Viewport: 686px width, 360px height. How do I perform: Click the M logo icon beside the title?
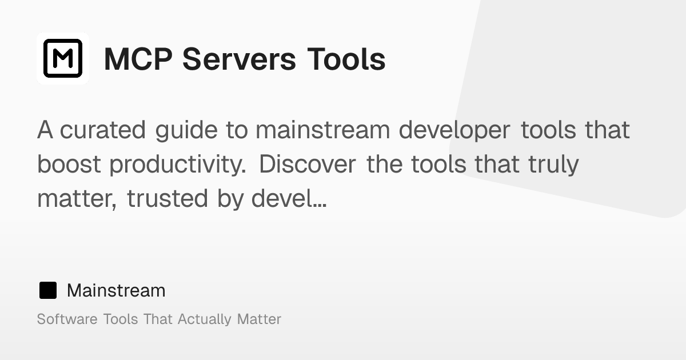click(63, 58)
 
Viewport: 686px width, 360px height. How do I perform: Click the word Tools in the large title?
click(346, 59)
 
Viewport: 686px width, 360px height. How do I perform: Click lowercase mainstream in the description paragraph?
click(322, 130)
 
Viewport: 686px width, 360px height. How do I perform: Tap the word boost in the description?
click(69, 165)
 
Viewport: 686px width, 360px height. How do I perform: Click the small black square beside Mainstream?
click(48, 291)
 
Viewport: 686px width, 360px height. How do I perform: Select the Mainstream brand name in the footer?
click(116, 291)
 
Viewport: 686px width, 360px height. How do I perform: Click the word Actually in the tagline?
click(205, 319)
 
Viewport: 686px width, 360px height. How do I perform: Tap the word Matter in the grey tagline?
click(259, 319)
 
